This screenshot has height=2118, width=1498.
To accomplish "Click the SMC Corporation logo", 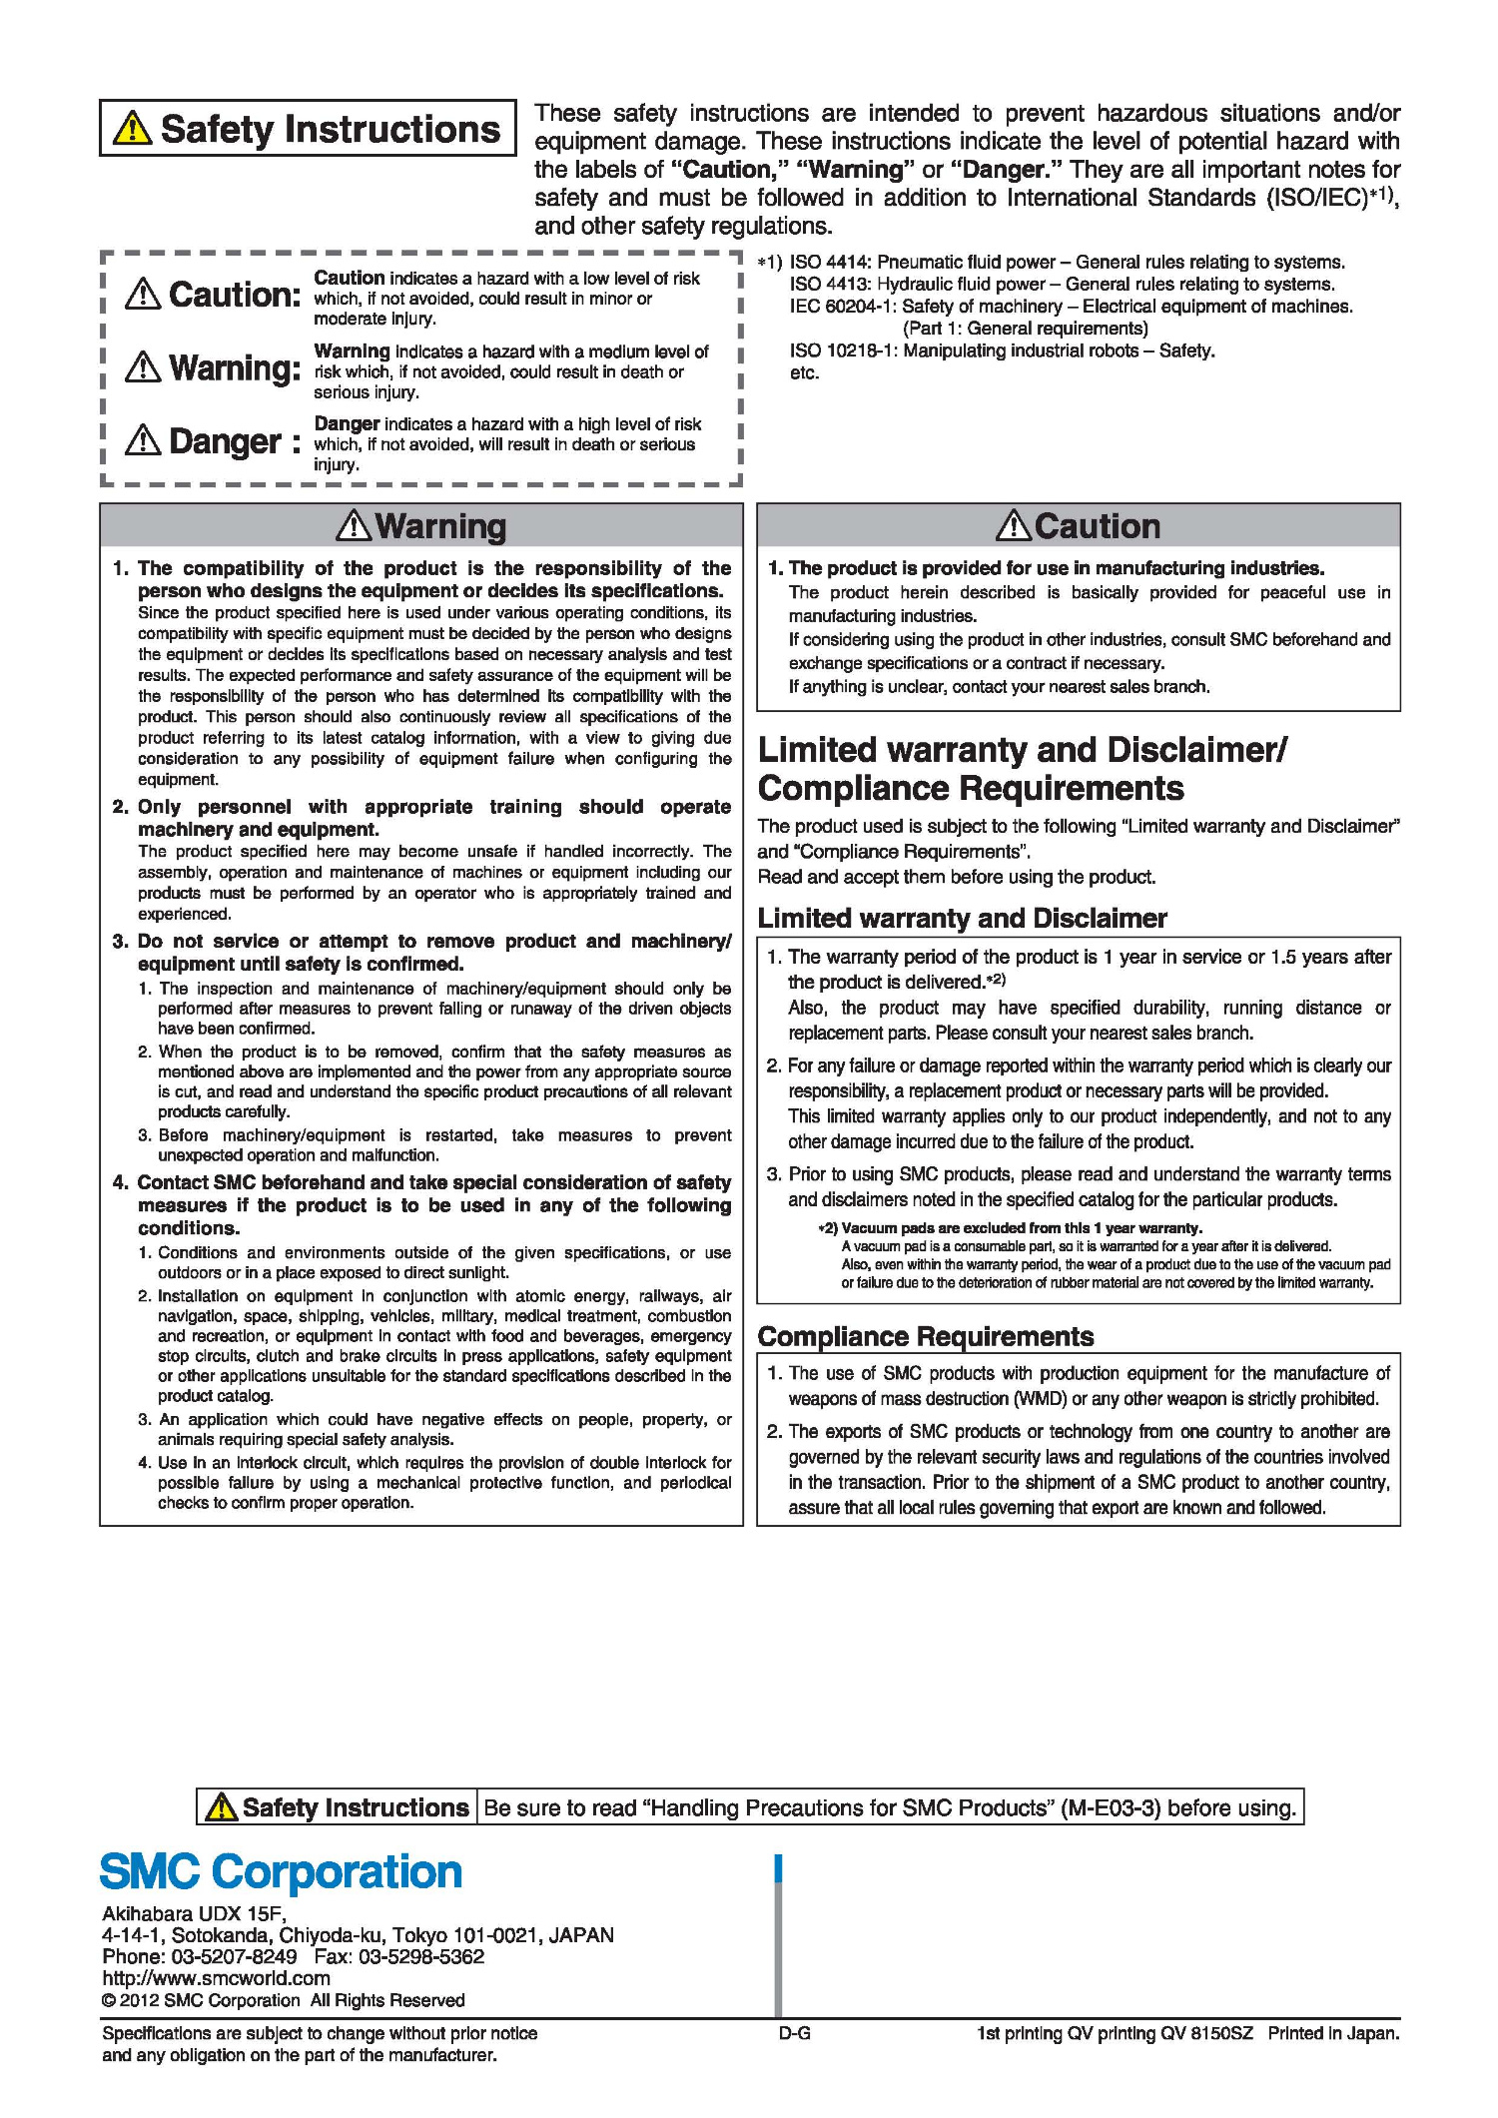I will coord(281,1872).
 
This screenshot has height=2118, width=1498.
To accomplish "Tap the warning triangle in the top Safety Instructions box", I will coord(133,129).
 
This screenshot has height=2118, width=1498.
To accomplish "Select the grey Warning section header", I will coord(421,525).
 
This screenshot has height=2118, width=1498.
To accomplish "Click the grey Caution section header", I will coord(1079,525).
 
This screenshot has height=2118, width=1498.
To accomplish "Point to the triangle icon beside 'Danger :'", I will coord(144,439).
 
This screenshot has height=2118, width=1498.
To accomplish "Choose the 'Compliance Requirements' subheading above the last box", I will coord(926,1336).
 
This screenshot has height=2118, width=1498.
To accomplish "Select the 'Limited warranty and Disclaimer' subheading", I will coord(963,918).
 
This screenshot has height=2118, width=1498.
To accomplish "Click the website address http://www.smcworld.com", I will coord(216,1978).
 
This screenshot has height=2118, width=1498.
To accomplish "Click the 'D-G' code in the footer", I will coord(794,2033).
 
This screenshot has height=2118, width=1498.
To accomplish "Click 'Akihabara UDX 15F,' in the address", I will coord(194,1913).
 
